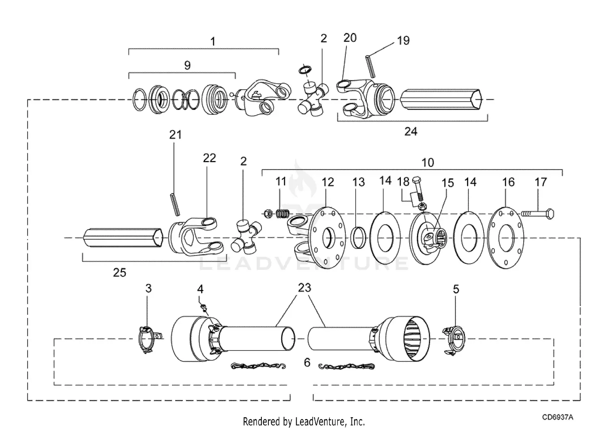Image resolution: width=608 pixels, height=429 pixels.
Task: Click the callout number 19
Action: point(403,41)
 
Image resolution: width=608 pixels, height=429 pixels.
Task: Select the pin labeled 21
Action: point(174,205)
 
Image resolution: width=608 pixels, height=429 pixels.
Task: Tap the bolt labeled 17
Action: point(538,213)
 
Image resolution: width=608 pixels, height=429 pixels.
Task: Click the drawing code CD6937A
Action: point(558,417)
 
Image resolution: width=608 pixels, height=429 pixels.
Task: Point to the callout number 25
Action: point(120,272)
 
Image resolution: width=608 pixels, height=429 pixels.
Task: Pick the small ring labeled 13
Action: point(359,238)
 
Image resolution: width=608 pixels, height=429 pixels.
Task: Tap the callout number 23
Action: point(304,287)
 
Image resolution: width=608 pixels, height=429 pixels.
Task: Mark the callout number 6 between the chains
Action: point(307,363)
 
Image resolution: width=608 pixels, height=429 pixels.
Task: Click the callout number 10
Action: point(428,163)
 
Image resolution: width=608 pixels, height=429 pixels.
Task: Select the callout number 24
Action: point(411,131)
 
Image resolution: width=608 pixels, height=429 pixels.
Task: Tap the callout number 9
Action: point(187,65)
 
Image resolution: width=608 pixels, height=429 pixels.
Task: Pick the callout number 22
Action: point(210,158)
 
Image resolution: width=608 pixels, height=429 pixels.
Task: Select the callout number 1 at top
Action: point(213,41)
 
